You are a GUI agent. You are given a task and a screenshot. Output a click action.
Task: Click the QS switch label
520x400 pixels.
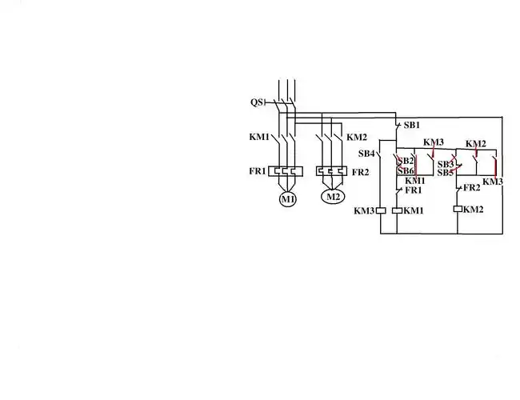257,102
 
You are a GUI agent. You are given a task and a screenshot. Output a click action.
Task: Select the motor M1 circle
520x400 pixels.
287,198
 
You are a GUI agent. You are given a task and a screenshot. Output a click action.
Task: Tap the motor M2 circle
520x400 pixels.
332,196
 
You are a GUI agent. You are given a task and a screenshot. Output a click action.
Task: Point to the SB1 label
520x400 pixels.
412,126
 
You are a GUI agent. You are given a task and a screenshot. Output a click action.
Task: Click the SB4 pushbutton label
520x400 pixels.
366,154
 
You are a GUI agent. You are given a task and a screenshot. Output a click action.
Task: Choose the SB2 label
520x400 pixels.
406,161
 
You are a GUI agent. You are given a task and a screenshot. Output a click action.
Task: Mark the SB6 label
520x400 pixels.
406,171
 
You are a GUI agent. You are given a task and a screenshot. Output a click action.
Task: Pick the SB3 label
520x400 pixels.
446,164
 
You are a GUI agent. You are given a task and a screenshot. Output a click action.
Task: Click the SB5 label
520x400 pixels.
446,173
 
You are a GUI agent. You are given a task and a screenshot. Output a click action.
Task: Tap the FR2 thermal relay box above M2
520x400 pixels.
332,171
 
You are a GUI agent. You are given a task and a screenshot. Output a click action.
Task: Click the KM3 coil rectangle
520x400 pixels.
381,210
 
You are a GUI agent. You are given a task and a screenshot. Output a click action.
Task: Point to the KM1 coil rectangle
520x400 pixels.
398,210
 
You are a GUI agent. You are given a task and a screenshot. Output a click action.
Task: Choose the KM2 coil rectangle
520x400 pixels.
458,209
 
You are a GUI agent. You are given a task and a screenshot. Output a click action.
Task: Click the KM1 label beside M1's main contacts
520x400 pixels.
259,137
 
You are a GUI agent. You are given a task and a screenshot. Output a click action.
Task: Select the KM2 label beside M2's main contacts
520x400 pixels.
357,137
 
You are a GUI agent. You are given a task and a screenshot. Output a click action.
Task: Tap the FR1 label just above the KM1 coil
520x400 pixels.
414,190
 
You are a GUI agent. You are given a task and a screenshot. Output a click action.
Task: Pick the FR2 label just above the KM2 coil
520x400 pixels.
472,187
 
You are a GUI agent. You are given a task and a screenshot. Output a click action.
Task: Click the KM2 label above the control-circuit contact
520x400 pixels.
476,144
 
